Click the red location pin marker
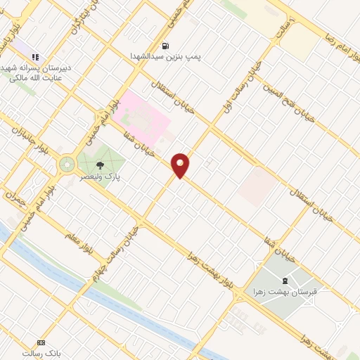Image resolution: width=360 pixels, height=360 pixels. [x=181, y=165]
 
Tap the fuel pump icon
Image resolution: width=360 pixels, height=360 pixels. [x=166, y=46]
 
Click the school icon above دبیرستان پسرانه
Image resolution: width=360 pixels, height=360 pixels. [x=36, y=56]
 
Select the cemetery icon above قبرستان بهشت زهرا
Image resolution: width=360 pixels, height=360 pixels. [x=284, y=281]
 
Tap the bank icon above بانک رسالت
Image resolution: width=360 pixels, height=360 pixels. [x=40, y=342]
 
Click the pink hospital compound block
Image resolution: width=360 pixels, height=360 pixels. [x=144, y=117]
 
